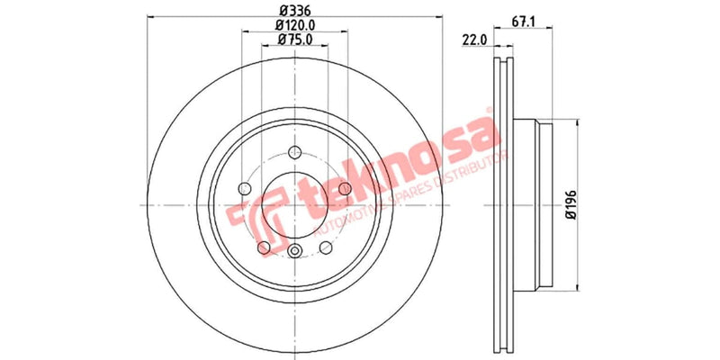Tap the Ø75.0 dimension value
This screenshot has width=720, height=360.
[294, 40]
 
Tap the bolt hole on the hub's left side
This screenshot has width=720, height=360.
[243, 188]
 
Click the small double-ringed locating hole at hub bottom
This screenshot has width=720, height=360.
[295, 252]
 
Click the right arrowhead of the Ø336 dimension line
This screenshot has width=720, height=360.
[442, 15]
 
